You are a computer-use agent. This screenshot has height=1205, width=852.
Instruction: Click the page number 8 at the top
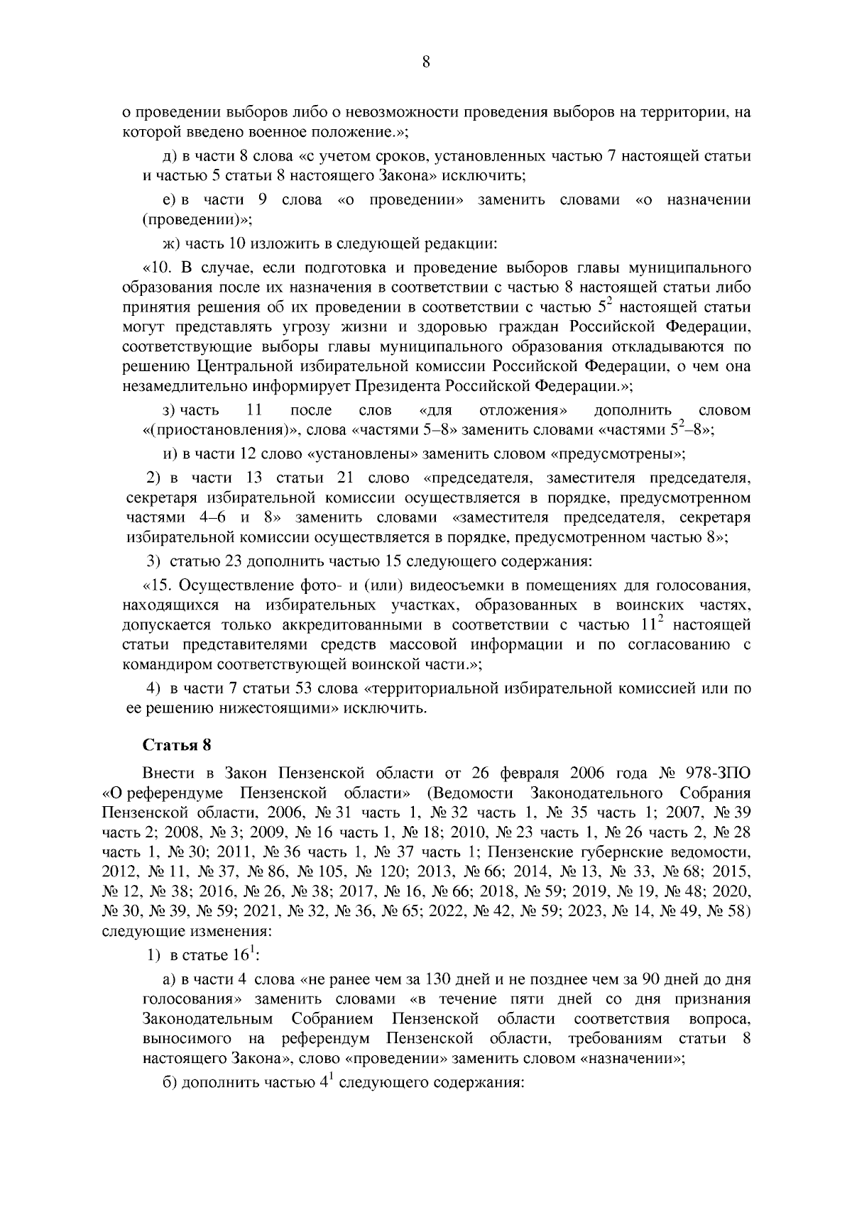(x=426, y=62)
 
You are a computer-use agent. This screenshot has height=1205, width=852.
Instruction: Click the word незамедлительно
(x=183, y=387)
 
